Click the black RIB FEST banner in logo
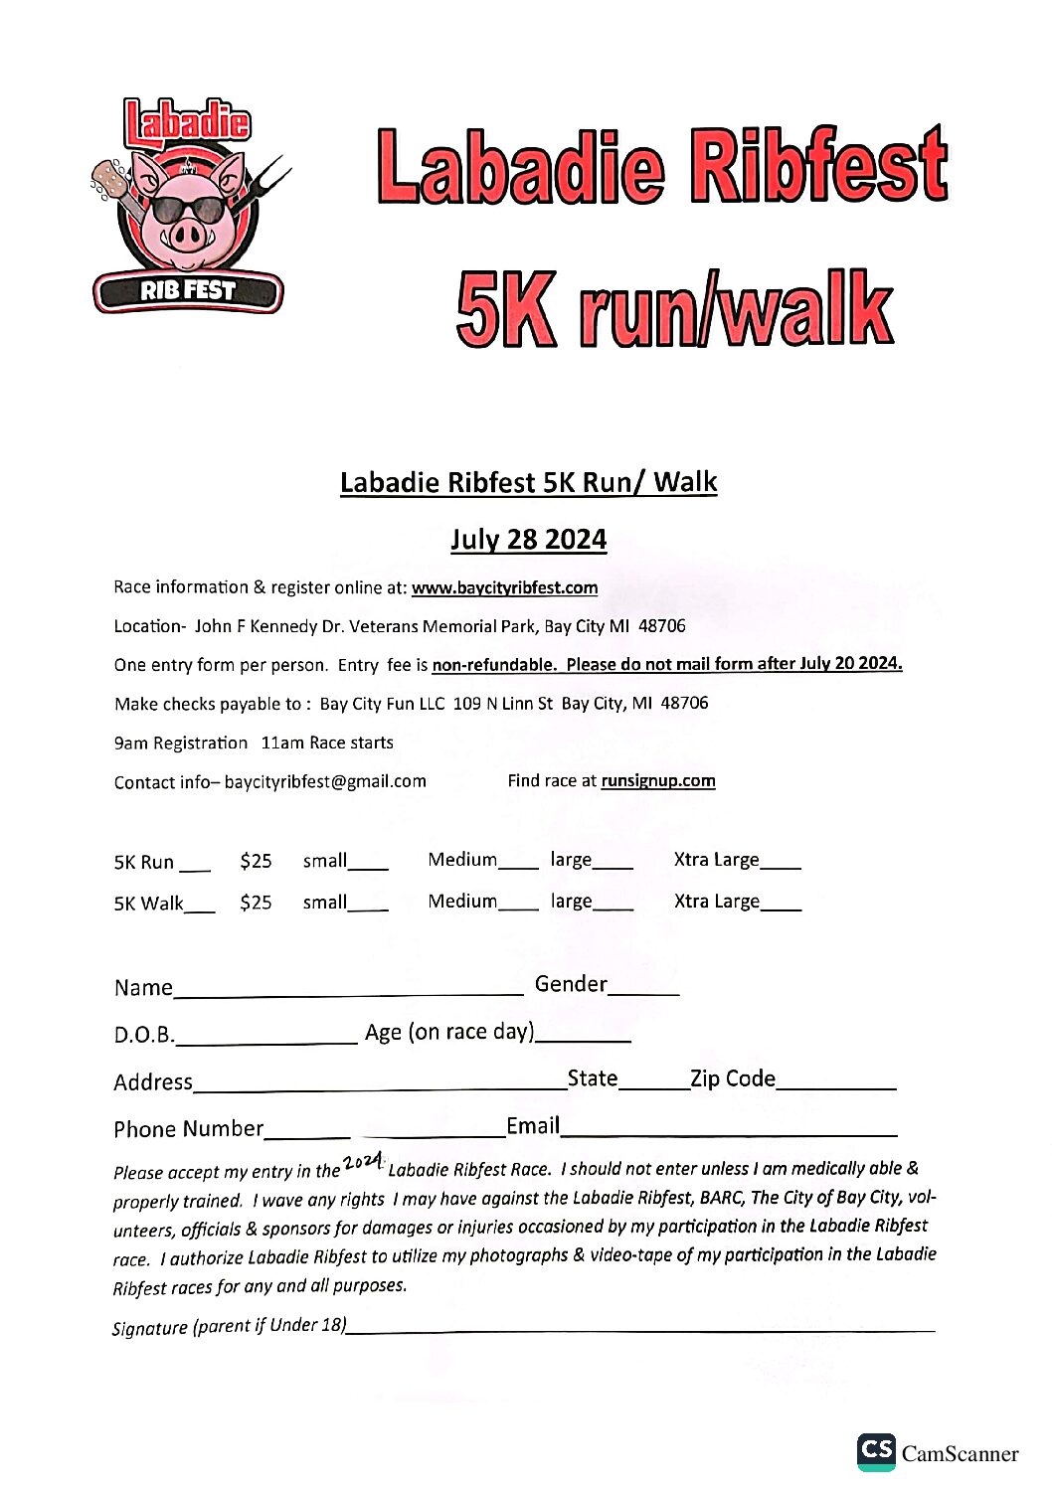(x=188, y=291)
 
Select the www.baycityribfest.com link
(x=504, y=587)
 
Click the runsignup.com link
(x=657, y=780)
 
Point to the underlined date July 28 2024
(x=528, y=540)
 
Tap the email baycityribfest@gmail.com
(x=325, y=781)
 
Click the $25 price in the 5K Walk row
(x=256, y=903)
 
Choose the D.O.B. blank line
(x=265, y=1040)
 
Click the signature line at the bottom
(x=640, y=1329)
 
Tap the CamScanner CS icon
(x=876, y=1451)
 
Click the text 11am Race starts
(x=327, y=743)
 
